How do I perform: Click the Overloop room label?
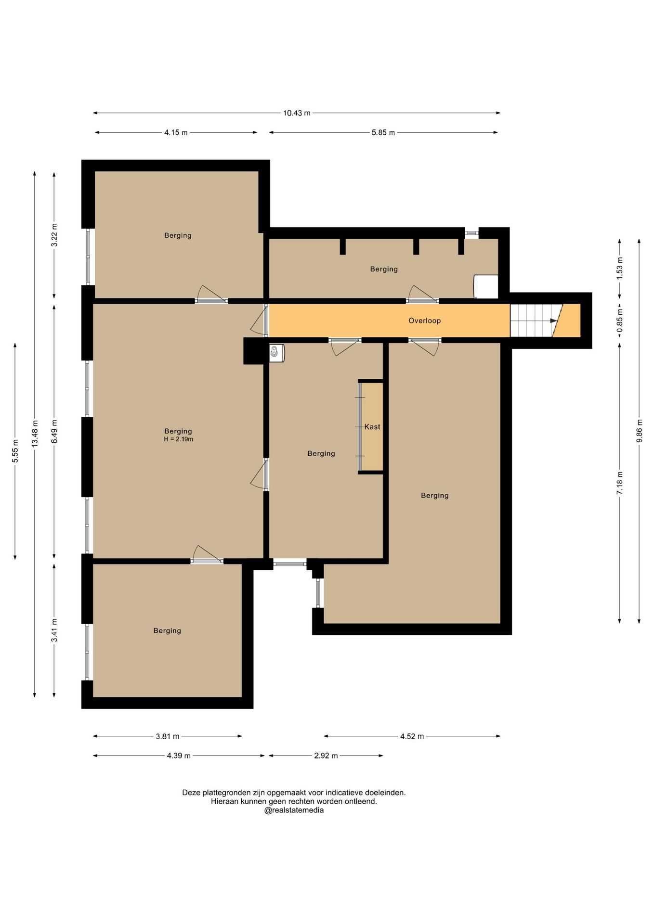424,321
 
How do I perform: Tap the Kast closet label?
372,427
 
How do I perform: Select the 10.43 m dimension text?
297,113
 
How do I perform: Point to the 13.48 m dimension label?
35,434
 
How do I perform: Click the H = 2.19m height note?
178,439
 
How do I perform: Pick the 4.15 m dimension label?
176,132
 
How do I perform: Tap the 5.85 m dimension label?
383,132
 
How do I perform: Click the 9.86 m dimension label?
639,431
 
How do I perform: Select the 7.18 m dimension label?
620,483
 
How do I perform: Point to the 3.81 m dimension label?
168,736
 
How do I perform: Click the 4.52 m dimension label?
412,736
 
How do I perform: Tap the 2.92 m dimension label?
326,756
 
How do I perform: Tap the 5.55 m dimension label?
15,451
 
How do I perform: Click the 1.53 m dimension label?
620,269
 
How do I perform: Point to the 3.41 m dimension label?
54,630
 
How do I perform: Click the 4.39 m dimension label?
179,756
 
